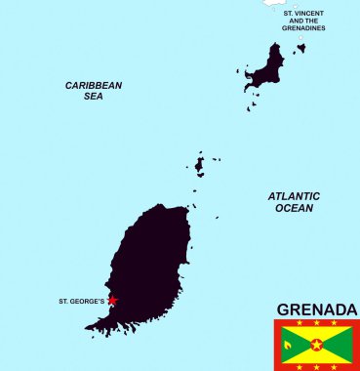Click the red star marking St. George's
coord(112,301)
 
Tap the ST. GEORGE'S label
coord(81,301)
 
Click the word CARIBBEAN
coord(94,85)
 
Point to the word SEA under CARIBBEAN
coord(94,97)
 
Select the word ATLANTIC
coord(294,196)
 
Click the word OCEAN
coord(294,208)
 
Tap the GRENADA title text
coord(317,309)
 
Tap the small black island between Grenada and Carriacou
coord(200,165)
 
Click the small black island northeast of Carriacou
coord(301,47)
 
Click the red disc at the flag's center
coord(317,345)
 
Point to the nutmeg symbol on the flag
coord(288,345)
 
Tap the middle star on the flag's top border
coord(317,323)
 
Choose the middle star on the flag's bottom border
coord(317,367)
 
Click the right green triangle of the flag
coord(340,345)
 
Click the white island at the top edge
coord(273,3)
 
